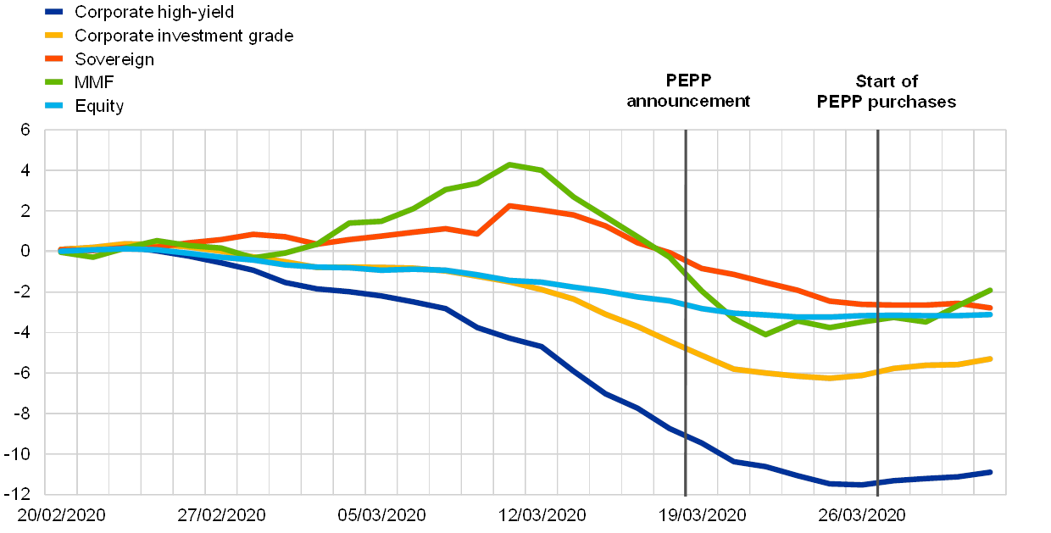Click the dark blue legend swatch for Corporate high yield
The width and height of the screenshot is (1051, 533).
57,12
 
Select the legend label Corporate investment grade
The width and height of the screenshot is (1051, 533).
184,36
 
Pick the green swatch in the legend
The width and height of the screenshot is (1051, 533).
57,83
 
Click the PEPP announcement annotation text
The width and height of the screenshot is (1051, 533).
688,91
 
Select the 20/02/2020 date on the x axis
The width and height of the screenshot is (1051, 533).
60,515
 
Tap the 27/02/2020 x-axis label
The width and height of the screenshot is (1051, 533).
221,515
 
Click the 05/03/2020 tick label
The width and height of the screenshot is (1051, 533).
381,515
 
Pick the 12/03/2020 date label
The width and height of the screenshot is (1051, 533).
542,515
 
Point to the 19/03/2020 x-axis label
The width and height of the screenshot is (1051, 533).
703,515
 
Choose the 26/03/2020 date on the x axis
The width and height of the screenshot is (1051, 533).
863,515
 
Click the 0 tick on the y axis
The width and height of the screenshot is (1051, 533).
25,252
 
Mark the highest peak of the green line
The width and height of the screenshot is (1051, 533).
509,164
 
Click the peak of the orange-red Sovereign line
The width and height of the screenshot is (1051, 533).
509,205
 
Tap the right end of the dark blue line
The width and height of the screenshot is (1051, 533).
991,472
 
